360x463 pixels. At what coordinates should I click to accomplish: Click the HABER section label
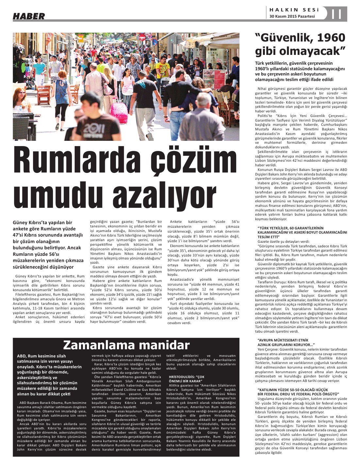29,15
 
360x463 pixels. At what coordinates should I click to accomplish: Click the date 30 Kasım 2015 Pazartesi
292,16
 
